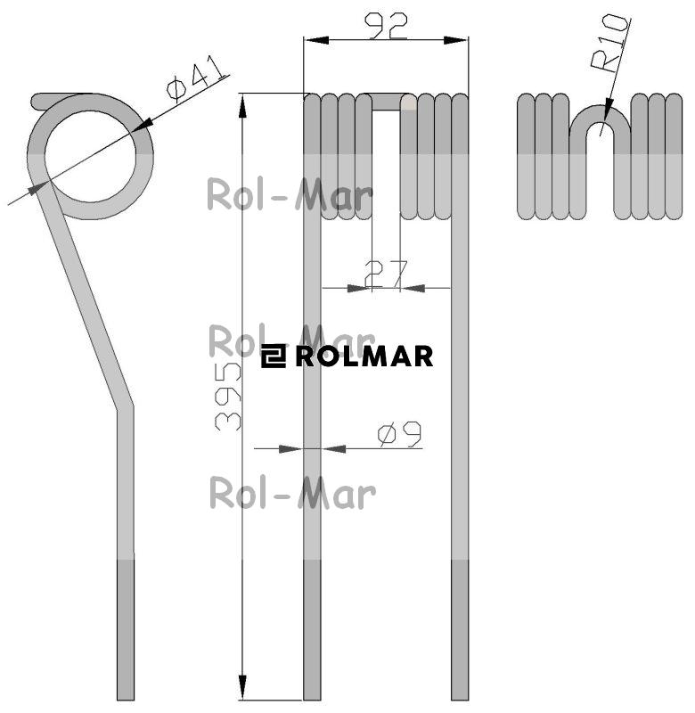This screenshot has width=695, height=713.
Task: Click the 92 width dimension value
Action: [387, 26]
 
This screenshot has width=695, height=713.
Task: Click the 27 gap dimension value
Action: [386, 275]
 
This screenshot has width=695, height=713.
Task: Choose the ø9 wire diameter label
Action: [399, 434]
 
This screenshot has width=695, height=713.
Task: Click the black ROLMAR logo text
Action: [364, 356]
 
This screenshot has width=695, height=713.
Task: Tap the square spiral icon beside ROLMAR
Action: [274, 356]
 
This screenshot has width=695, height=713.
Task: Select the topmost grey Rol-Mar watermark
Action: [290, 195]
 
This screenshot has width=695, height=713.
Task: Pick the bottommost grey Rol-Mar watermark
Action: [292, 493]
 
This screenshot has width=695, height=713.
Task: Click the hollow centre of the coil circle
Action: [91, 157]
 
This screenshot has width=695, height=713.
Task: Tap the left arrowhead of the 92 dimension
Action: [316, 40]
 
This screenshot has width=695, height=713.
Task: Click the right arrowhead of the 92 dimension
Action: [455, 40]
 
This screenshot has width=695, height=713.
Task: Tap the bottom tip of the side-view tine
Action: [126, 700]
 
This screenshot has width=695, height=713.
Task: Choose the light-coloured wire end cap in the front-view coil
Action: [408, 102]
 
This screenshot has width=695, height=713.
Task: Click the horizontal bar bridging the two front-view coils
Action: [387, 102]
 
